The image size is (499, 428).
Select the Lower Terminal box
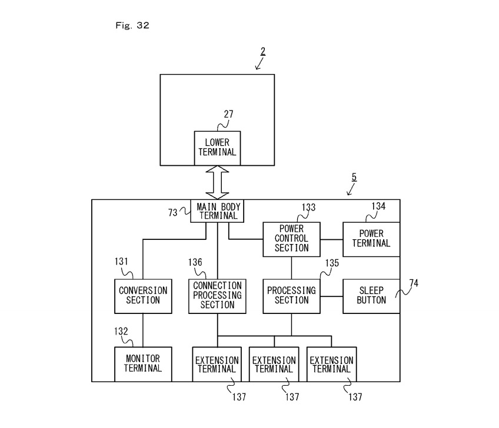tap(217, 147)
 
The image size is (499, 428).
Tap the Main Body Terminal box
tap(217, 211)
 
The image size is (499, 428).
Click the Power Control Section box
tap(291, 239)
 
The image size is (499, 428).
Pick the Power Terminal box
tap(371, 239)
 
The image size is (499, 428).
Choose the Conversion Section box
tap(143, 296)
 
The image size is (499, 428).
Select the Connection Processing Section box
tap(217, 296)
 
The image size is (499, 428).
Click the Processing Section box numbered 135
tap(291, 296)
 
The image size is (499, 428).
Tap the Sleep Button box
tap(371, 296)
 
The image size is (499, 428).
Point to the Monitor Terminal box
tap(143, 364)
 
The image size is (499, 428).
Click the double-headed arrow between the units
tap(217, 182)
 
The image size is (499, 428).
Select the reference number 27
tap(228, 115)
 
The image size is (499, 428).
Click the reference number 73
tap(172, 213)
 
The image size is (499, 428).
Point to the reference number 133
tap(308, 208)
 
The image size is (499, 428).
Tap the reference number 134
tap(378, 206)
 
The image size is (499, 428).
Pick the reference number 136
tap(195, 263)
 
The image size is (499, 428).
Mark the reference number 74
tap(414, 283)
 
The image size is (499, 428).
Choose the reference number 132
tap(121, 332)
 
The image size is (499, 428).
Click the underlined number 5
tap(354, 176)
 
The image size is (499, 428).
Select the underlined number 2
tap(262, 51)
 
